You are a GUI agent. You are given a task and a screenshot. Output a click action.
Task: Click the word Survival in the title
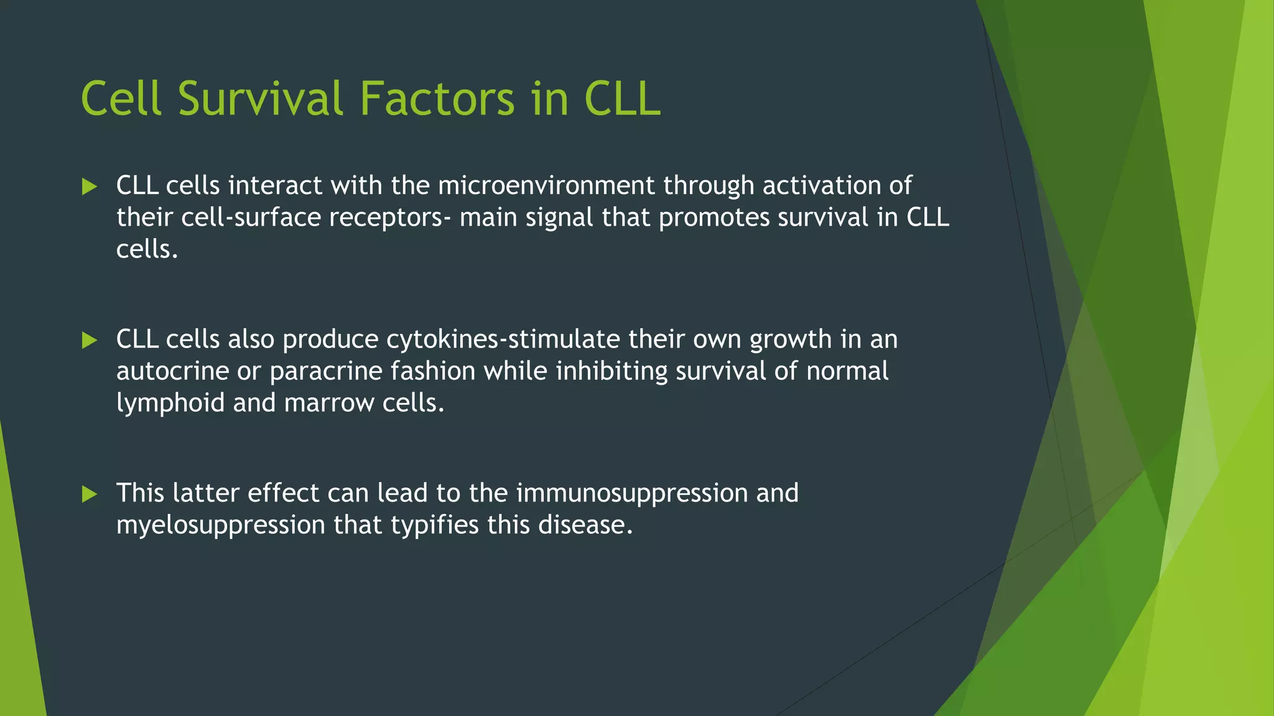(x=260, y=99)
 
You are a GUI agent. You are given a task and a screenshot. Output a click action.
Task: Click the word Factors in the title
(x=437, y=99)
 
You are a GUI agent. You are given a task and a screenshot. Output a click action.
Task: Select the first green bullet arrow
(x=90, y=186)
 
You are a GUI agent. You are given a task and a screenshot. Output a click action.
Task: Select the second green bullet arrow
(x=90, y=340)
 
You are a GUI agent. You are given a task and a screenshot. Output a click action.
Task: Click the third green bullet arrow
(x=90, y=494)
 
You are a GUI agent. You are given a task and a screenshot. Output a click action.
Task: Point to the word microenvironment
(x=546, y=185)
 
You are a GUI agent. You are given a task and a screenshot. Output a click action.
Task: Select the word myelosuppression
(x=220, y=526)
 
